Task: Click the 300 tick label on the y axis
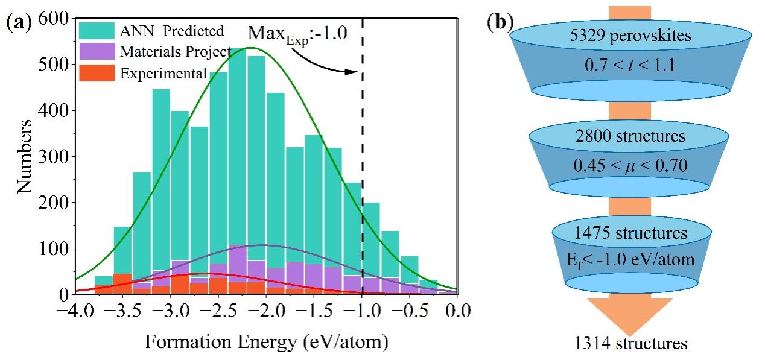59,156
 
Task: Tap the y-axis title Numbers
26,156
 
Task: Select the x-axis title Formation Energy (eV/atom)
266,342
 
